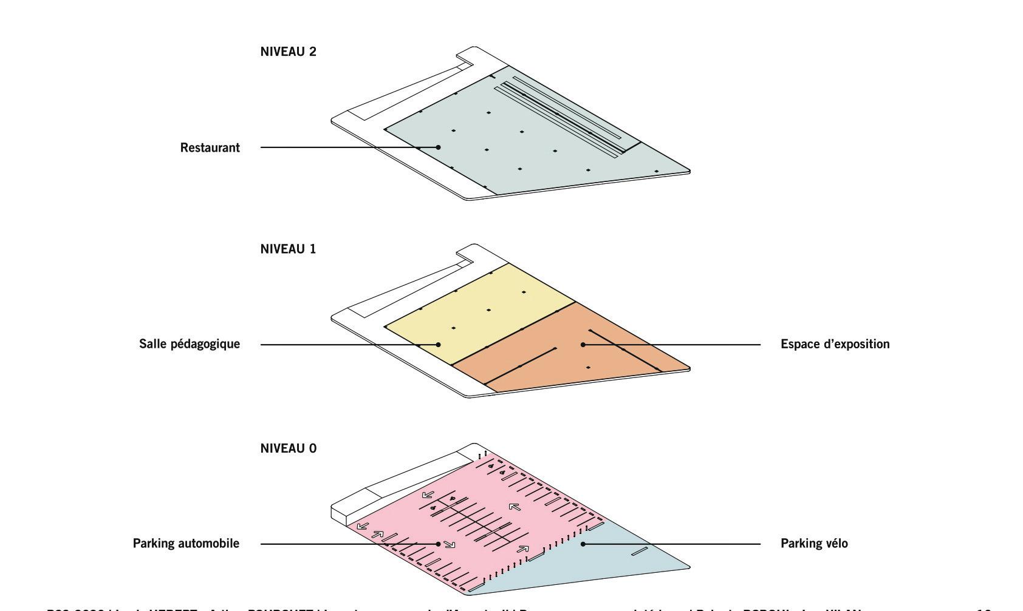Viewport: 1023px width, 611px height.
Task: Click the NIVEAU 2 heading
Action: click(288, 52)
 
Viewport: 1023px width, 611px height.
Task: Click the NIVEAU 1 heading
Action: click(288, 249)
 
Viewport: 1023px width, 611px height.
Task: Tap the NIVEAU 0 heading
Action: click(288, 448)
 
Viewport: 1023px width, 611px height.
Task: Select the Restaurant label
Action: click(210, 147)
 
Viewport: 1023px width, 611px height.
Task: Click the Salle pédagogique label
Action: click(190, 344)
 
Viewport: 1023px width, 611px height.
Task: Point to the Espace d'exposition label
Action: click(835, 344)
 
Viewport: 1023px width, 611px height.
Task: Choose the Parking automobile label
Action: click(186, 543)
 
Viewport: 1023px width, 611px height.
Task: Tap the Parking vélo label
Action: click(814, 543)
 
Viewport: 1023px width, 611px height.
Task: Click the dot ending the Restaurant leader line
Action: click(438, 147)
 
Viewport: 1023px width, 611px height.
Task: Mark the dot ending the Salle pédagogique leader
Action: click(438, 345)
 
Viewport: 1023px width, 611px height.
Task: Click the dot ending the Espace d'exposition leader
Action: click(583, 345)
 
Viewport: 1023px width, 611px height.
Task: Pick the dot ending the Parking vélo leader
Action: click(583, 544)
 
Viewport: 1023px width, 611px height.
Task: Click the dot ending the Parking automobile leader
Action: click(438, 544)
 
